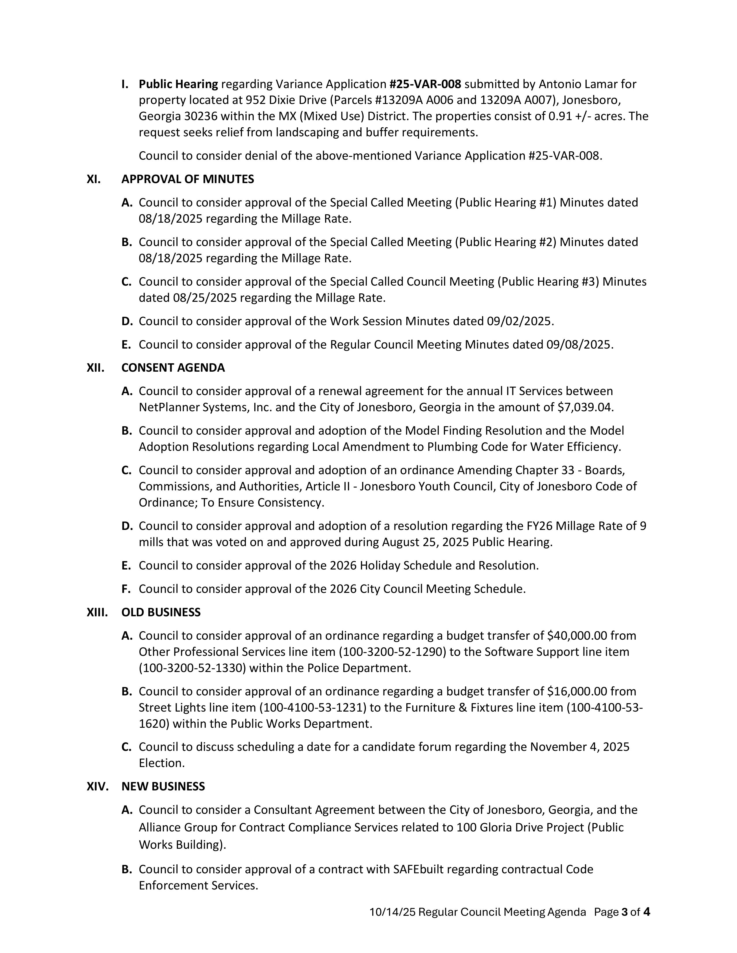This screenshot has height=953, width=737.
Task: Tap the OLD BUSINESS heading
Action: [x=161, y=612]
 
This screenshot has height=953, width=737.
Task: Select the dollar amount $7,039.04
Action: [x=585, y=407]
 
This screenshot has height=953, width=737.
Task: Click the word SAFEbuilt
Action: [x=418, y=869]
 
